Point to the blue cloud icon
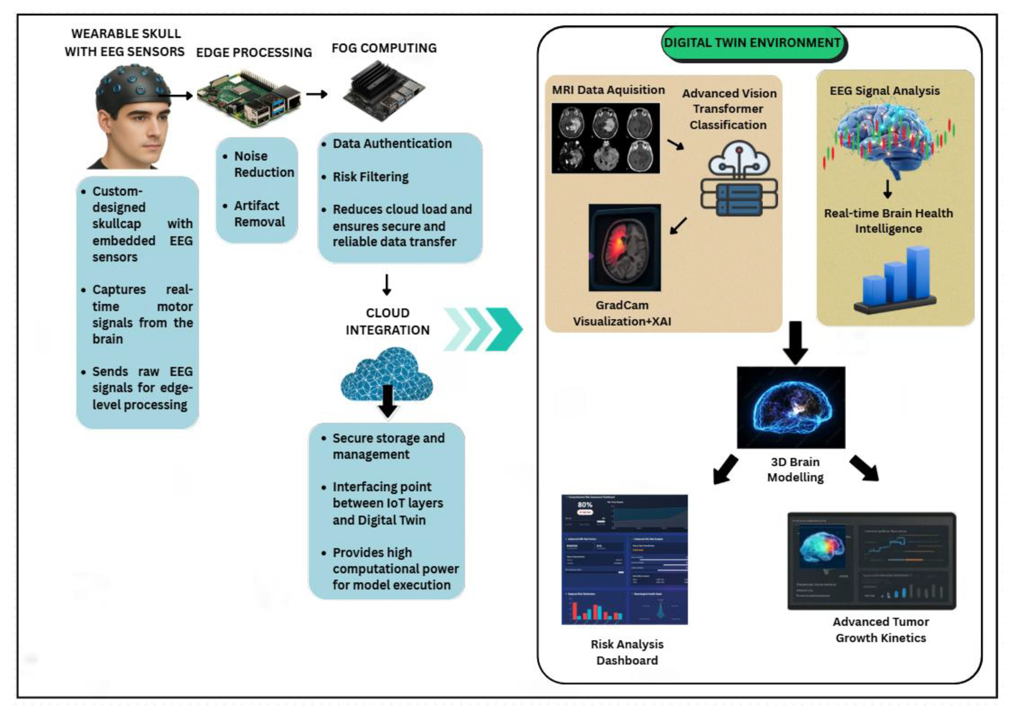[387, 373]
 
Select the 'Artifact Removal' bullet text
[259, 214]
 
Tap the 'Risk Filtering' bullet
[370, 177]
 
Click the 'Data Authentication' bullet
[392, 143]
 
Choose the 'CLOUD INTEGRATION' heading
[387, 321]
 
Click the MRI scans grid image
[606, 138]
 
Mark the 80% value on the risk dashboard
[585, 505]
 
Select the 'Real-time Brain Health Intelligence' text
[888, 221]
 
